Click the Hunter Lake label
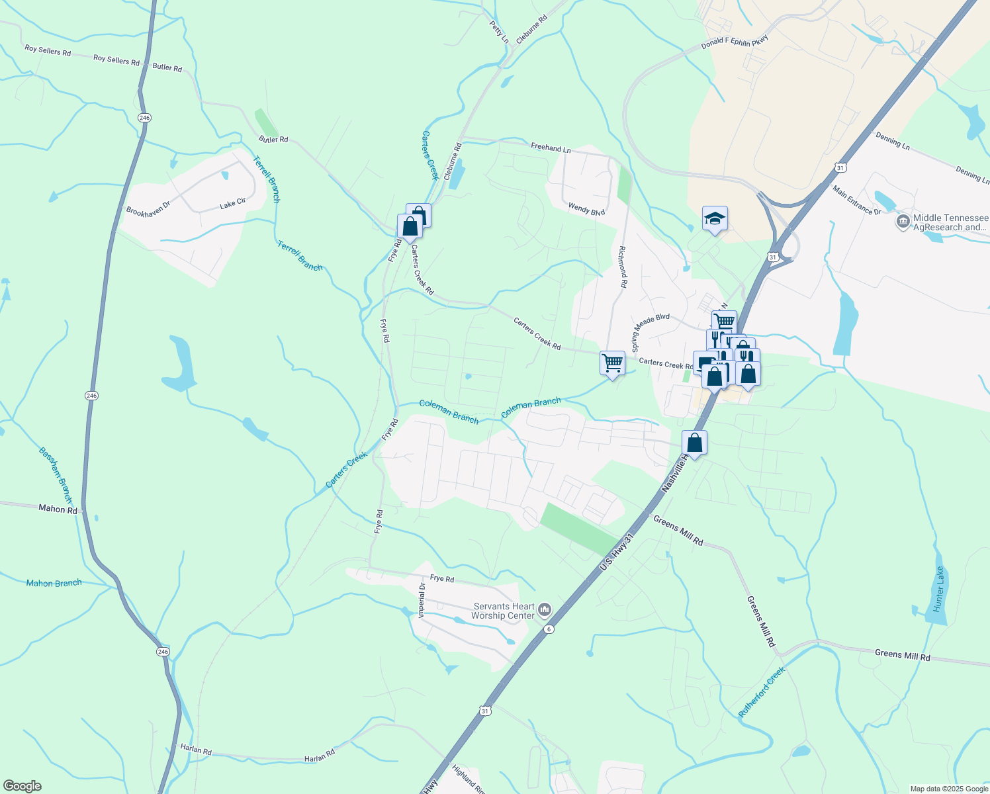point(939,594)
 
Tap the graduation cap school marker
point(715,218)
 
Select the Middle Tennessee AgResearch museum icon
point(903,222)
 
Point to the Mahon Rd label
point(58,509)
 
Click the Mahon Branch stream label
point(54,583)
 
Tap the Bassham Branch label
point(55,475)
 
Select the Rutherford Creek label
point(762,692)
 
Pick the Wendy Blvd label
point(586,209)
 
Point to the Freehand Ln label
point(550,148)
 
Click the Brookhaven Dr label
point(148,209)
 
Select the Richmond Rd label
point(622,267)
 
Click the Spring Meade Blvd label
point(651,332)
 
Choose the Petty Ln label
point(499,32)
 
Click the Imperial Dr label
point(422,599)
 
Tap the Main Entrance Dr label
point(856,200)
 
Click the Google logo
point(22,786)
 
